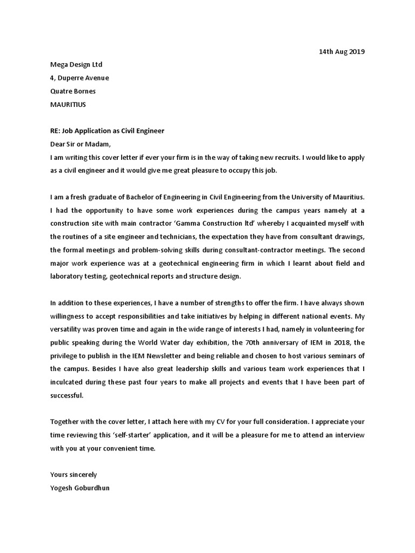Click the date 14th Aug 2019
point(342,52)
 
